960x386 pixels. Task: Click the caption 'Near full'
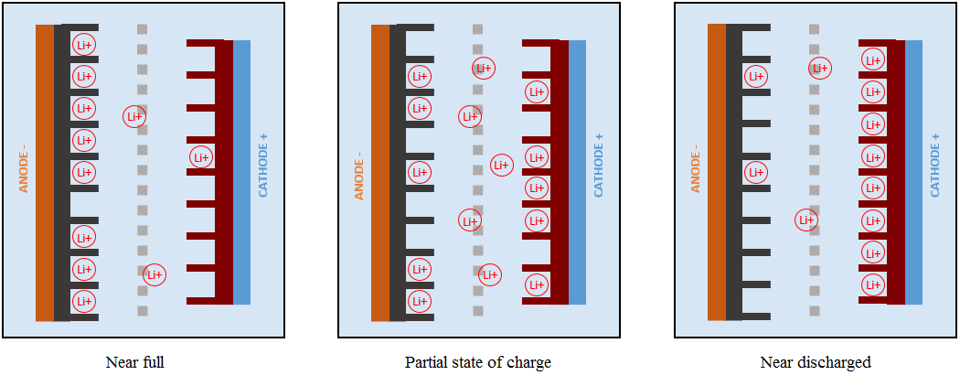click(x=135, y=362)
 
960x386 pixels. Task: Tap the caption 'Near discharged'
click(x=816, y=362)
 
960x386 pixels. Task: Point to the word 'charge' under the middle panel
click(x=529, y=362)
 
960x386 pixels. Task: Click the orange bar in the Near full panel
click(x=45, y=173)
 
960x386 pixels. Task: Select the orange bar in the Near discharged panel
click(x=717, y=173)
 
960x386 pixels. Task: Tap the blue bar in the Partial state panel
click(x=577, y=173)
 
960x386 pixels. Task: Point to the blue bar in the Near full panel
click(x=241, y=173)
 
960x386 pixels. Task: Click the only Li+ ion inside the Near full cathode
click(x=201, y=157)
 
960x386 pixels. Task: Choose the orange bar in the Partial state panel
click(x=380, y=173)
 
